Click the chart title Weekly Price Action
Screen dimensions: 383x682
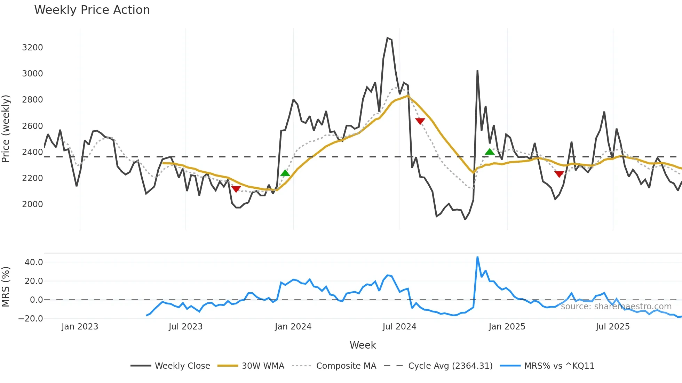[x=92, y=10]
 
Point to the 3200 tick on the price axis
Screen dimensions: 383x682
[x=32, y=48]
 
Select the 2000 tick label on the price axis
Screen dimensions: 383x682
[x=32, y=204]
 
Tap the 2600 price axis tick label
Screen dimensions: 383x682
[x=32, y=126]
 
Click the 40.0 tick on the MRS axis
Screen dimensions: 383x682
[x=34, y=262]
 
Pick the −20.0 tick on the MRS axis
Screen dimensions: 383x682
[x=31, y=319]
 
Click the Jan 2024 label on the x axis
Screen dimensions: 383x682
[x=293, y=327]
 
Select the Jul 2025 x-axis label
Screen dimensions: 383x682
[x=612, y=327]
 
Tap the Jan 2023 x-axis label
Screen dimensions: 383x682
[x=80, y=327]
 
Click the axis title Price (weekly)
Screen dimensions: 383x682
[x=6, y=129]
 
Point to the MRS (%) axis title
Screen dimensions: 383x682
[x=6, y=287]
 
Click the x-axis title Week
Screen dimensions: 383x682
[x=363, y=345]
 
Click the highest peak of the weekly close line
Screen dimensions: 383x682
[x=387, y=38]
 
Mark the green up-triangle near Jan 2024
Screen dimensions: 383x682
[x=285, y=173]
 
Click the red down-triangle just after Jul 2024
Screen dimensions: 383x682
[x=420, y=121]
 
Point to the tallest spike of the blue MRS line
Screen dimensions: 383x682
[x=477, y=257]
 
